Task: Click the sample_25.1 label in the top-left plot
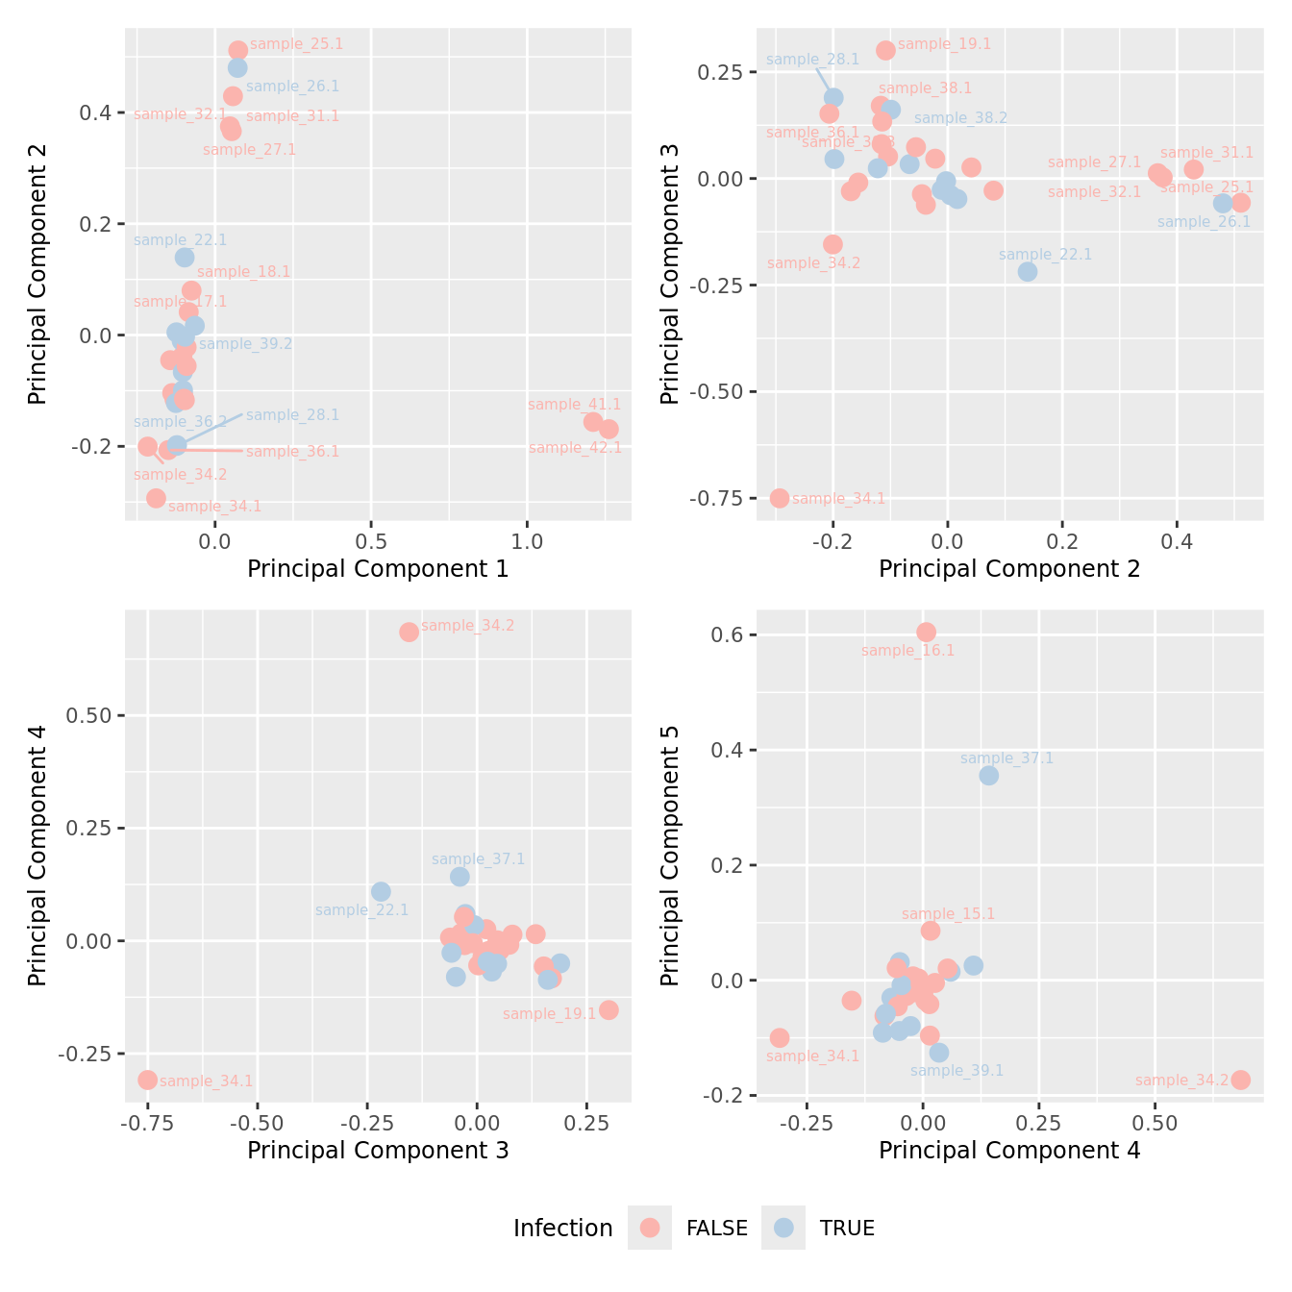296,44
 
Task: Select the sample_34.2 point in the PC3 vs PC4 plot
409,632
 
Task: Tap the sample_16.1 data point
926,632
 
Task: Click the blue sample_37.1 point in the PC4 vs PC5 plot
988,775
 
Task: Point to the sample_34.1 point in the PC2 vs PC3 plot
780,498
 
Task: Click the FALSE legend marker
650,1228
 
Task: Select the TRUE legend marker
783,1228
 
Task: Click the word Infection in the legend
562,1229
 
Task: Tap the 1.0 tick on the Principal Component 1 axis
527,541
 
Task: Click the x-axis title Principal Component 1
378,569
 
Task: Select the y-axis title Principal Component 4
37,856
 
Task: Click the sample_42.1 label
575,448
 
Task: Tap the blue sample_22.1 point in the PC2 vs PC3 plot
1028,271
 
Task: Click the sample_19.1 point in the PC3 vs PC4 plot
609,1009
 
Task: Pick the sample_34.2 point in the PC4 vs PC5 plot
1240,1080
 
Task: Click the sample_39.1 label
957,1071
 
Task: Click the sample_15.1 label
948,914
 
